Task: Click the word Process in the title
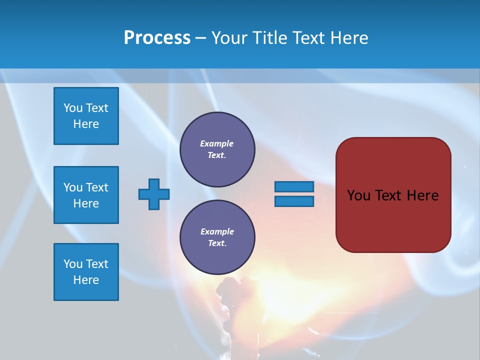[x=157, y=38]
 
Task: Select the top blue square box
[x=86, y=116]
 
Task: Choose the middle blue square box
[x=86, y=195]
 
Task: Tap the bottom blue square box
[x=86, y=272]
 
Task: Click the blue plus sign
[x=154, y=194]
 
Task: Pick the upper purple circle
[x=217, y=149]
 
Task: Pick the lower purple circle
[x=217, y=237]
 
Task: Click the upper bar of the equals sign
[x=294, y=186]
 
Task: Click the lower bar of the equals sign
[x=294, y=201]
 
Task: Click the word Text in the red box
[x=388, y=195]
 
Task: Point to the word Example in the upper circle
[x=216, y=143]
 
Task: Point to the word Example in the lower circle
[x=216, y=231]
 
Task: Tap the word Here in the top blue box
[x=86, y=124]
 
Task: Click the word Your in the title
[x=229, y=38]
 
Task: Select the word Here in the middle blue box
[x=86, y=203]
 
